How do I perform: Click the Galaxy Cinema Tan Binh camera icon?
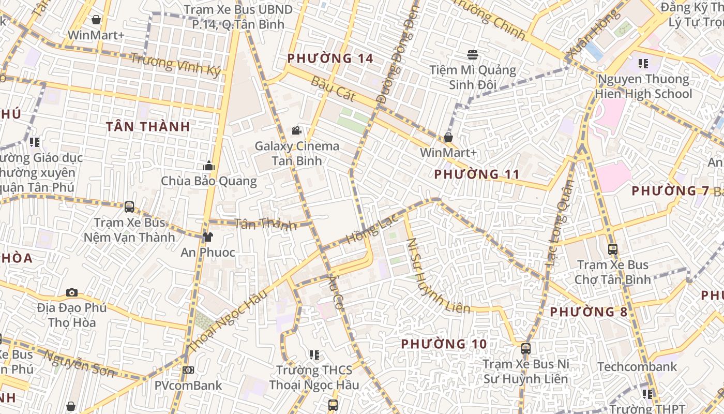click(x=296, y=131)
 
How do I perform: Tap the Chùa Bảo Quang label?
click(x=208, y=181)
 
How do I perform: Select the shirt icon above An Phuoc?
click(x=207, y=237)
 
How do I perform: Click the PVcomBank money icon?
click(x=188, y=370)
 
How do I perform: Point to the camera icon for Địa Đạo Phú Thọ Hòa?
click(x=72, y=292)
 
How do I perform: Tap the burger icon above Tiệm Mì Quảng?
click(x=472, y=54)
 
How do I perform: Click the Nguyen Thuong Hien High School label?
click(x=643, y=86)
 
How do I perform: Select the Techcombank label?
click(x=637, y=367)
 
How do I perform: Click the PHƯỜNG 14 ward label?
click(x=330, y=58)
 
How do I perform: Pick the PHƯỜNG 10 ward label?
click(x=444, y=344)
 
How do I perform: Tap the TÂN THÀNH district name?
click(x=148, y=126)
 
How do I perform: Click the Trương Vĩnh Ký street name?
click(x=175, y=64)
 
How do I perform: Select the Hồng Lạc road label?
click(x=372, y=229)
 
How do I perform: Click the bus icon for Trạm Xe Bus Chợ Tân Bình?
click(x=612, y=249)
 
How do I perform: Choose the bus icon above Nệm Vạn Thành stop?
click(x=129, y=207)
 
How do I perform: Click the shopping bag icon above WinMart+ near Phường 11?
click(x=448, y=137)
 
